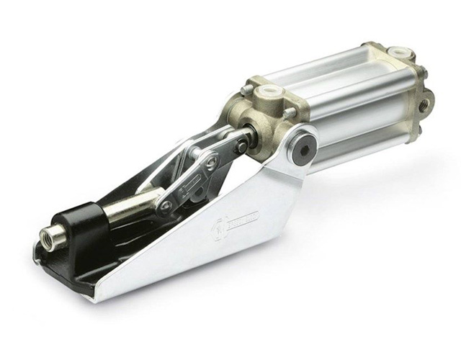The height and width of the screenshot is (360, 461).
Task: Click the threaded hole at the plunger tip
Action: [x=52, y=237]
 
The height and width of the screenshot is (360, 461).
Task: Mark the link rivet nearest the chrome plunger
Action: [x=166, y=205]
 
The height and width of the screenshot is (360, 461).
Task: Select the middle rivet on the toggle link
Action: [x=211, y=163]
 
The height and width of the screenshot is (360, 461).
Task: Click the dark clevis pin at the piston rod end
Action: [x=241, y=146]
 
